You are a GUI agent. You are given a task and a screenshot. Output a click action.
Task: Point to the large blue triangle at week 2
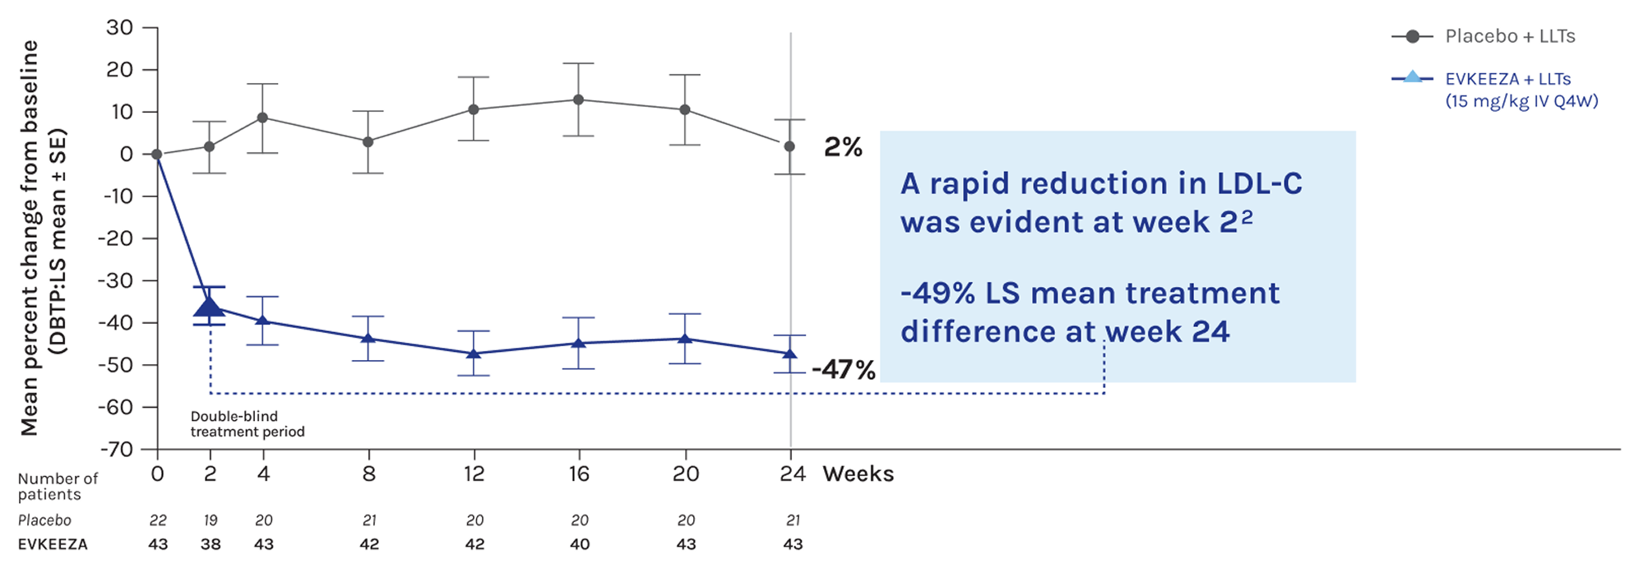[210, 307]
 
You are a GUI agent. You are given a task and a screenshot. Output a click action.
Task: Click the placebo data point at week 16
[579, 99]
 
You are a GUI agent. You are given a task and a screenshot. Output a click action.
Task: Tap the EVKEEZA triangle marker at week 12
[474, 354]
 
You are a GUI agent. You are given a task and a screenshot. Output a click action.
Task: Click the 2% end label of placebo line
[843, 147]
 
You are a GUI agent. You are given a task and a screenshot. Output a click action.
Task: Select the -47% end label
[843, 370]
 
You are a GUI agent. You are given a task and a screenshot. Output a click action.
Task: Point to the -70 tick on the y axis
[116, 449]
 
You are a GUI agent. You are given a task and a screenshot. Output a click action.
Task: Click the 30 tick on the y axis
[119, 27]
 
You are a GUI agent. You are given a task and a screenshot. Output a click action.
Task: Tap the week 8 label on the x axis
[368, 474]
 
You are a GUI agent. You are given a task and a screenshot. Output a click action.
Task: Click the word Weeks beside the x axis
[858, 474]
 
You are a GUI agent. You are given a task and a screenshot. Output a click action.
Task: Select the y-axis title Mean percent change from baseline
[30, 238]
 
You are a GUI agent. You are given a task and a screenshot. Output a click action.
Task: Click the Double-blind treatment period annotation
[247, 423]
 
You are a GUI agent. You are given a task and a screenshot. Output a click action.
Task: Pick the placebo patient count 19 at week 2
[211, 520]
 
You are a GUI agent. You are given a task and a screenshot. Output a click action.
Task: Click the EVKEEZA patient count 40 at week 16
[579, 544]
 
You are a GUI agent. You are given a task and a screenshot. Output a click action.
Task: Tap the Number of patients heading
[57, 486]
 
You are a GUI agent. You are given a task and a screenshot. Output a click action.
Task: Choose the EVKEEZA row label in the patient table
[53, 544]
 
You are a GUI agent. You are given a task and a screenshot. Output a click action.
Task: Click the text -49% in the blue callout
[937, 293]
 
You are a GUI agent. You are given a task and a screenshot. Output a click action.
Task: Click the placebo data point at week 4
[263, 118]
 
